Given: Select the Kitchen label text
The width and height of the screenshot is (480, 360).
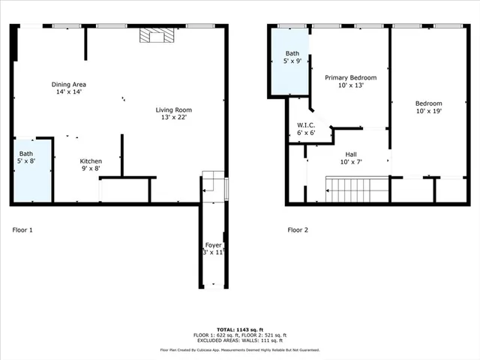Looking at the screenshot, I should click(91, 161).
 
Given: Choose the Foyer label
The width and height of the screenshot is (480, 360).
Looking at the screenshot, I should click(213, 245).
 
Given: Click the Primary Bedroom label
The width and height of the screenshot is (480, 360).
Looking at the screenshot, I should click(350, 77).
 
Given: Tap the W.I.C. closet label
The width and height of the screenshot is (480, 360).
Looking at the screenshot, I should click(305, 124).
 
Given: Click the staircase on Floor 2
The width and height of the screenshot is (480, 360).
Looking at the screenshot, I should click(355, 190).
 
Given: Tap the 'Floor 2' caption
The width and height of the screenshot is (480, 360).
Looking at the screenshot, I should click(298, 230).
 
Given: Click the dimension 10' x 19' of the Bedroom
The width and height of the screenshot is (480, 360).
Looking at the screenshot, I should click(428, 111).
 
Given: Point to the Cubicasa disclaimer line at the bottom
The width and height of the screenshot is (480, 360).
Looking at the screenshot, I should click(240, 349).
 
